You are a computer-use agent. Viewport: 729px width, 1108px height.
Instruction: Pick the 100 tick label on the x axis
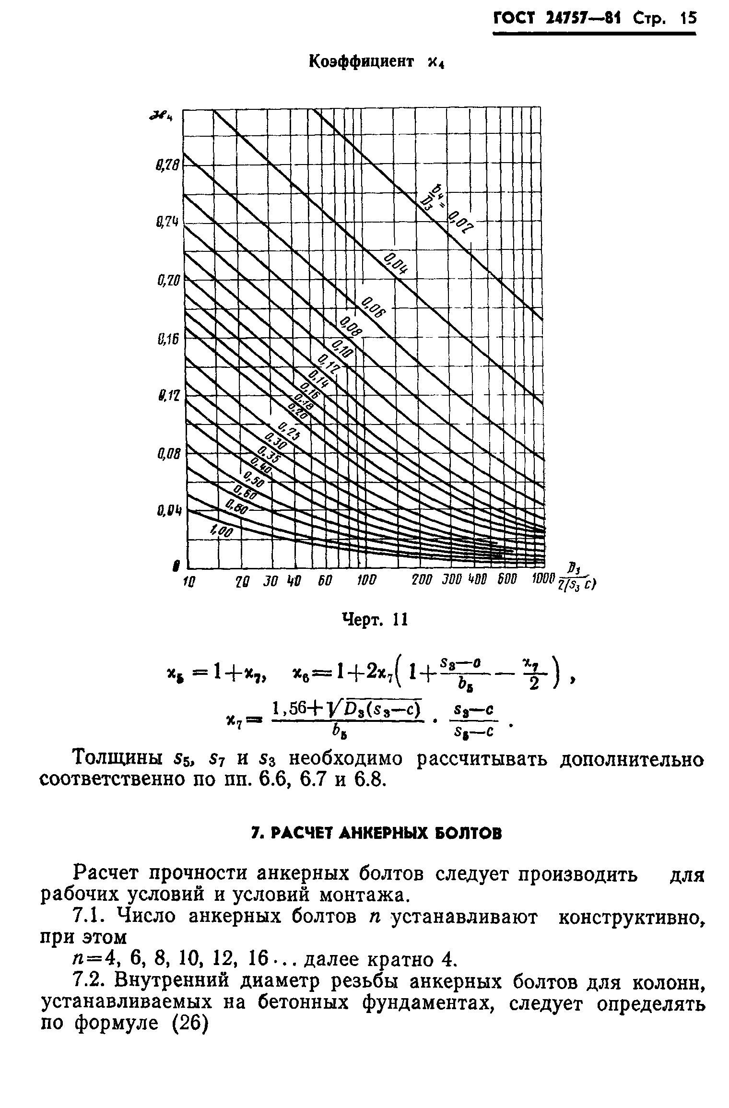367,580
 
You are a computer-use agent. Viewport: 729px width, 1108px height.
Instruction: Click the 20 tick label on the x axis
244,580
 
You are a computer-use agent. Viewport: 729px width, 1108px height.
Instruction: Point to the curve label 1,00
222,531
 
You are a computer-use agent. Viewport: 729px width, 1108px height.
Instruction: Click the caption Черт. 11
374,620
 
